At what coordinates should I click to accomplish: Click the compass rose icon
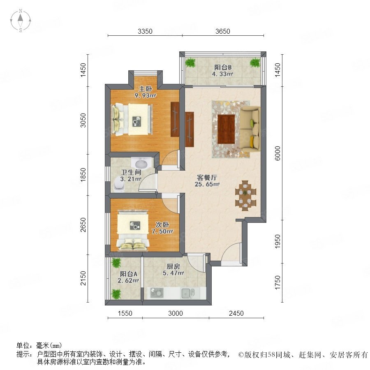pos(21,21)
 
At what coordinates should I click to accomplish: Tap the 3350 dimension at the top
pos(145,31)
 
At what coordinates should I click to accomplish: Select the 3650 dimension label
pos(222,31)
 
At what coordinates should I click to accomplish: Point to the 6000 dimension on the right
pos(278,153)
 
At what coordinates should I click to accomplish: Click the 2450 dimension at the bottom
pos(236,313)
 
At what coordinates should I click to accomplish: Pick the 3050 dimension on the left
pos(83,120)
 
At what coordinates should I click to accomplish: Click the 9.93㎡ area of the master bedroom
pos(146,95)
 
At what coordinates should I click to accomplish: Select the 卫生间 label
pos(131,172)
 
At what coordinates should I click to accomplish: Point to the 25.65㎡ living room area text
pos(207,184)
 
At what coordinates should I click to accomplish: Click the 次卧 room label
pos(162,224)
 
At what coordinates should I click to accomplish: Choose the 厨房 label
pos(173,266)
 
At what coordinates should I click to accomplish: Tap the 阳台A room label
pos(129,274)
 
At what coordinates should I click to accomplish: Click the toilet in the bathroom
pos(119,185)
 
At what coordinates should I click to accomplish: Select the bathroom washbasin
pos(141,163)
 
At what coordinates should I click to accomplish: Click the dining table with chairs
pos(246,195)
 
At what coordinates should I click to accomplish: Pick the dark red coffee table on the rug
pos(226,129)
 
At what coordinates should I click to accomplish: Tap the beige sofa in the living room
pos(250,128)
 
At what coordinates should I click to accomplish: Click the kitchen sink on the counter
pos(188,293)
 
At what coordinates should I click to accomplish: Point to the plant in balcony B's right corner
pos(255,63)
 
